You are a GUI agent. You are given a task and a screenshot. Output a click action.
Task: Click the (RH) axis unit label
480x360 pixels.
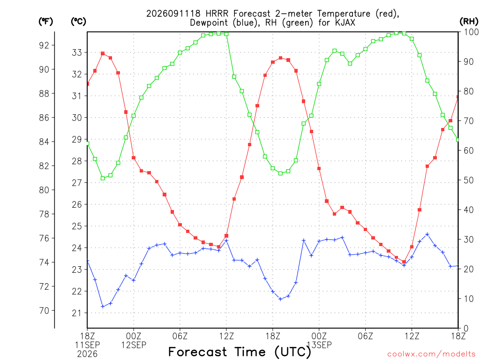click(469, 22)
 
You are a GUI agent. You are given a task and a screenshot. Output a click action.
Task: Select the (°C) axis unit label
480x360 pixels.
click(78, 22)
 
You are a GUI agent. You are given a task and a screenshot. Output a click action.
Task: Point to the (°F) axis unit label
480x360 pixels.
click(45, 22)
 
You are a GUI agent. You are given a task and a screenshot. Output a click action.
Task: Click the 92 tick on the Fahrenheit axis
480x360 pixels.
click(44, 45)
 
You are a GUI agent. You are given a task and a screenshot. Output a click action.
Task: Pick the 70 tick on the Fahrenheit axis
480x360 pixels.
click(44, 311)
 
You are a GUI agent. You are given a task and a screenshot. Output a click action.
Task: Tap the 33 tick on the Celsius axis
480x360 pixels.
click(77, 52)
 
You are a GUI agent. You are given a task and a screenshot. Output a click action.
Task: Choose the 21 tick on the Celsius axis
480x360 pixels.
click(77, 313)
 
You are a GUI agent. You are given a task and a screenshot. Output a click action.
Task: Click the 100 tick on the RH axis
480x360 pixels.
click(472, 32)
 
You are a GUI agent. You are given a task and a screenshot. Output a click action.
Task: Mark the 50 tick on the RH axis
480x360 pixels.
click(469, 180)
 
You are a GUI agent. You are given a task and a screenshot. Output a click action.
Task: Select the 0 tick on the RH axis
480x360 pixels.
click(466, 329)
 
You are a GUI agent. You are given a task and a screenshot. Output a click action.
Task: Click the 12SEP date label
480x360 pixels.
click(134, 345)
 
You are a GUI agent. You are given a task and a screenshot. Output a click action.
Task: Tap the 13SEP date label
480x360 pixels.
click(319, 345)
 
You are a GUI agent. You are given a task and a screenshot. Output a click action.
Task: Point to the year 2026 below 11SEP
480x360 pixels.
click(87, 354)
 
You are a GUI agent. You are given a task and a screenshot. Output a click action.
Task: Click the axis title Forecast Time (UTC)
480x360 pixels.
click(240, 352)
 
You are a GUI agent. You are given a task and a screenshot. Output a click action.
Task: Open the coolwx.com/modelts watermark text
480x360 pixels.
click(431, 354)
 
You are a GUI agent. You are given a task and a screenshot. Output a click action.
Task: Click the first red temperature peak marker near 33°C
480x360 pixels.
click(103, 53)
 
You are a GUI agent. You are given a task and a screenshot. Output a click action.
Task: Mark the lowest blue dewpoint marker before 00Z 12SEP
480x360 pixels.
click(103, 307)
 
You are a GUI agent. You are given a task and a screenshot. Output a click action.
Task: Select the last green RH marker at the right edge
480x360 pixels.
click(458, 140)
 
